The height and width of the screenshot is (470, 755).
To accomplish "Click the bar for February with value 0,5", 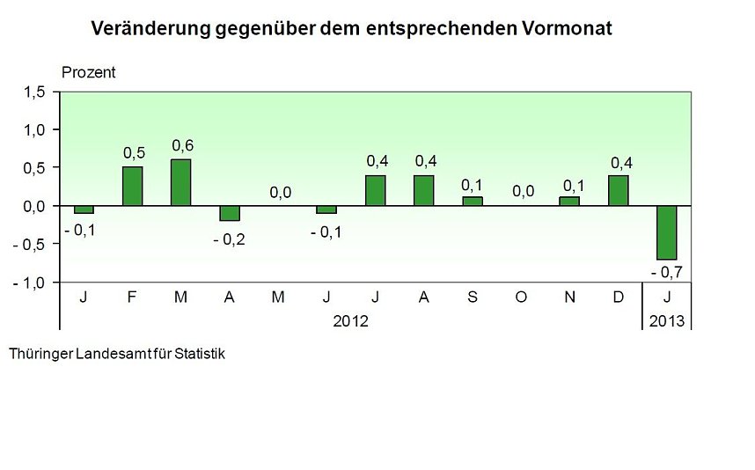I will [132, 186].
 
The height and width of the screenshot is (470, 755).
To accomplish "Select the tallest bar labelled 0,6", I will [180, 182].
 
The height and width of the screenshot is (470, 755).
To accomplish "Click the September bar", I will [472, 202].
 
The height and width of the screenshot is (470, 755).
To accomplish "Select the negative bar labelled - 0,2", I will [230, 213].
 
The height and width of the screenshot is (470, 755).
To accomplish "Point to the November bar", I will [569, 202].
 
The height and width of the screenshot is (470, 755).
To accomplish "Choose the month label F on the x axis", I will [132, 298].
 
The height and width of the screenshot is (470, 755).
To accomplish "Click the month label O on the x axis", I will [521, 298].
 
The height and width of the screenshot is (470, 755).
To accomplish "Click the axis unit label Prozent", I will [88, 73].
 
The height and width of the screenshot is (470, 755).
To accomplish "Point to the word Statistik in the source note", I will [194, 354].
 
